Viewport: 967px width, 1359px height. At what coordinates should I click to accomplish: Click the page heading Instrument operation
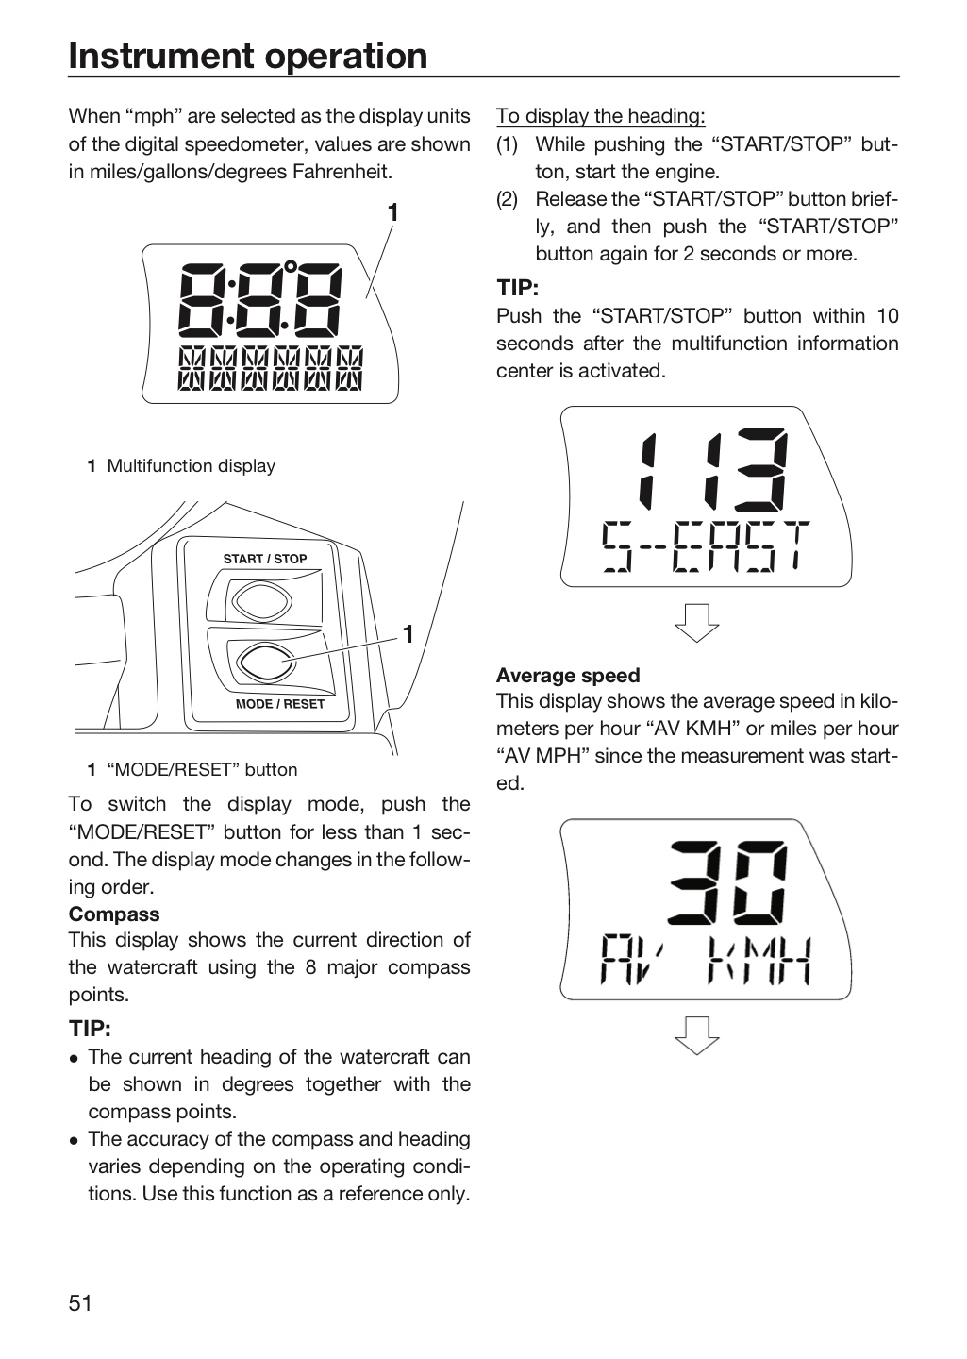click(x=247, y=56)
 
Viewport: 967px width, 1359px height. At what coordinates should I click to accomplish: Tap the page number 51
click(x=80, y=1302)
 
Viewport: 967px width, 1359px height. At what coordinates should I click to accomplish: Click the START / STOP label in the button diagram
click(x=265, y=559)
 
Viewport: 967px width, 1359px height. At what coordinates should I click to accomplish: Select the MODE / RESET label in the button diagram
click(x=279, y=704)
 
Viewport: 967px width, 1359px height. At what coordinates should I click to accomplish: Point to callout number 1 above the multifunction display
click(x=393, y=213)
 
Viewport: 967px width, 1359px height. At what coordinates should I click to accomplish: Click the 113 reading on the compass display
click(x=713, y=470)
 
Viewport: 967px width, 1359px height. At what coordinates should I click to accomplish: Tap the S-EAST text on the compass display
click(x=706, y=546)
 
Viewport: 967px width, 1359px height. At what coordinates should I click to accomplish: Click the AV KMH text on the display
click(x=706, y=961)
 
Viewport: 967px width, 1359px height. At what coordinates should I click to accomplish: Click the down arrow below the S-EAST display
click(x=696, y=623)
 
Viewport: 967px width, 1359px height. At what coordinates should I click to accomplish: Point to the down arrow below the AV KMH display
click(x=696, y=1035)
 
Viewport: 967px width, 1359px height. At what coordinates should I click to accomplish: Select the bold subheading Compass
click(x=114, y=914)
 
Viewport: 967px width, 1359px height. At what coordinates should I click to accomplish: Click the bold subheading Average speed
click(x=568, y=676)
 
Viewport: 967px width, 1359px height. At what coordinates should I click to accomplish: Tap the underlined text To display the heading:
click(x=601, y=116)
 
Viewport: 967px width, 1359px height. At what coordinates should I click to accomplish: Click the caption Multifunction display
click(x=192, y=466)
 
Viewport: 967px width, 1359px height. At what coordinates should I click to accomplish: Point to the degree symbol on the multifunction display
click(x=291, y=266)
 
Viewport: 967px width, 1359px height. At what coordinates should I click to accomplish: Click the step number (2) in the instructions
click(x=508, y=199)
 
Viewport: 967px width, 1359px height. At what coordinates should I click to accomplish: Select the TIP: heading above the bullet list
click(x=90, y=1029)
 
